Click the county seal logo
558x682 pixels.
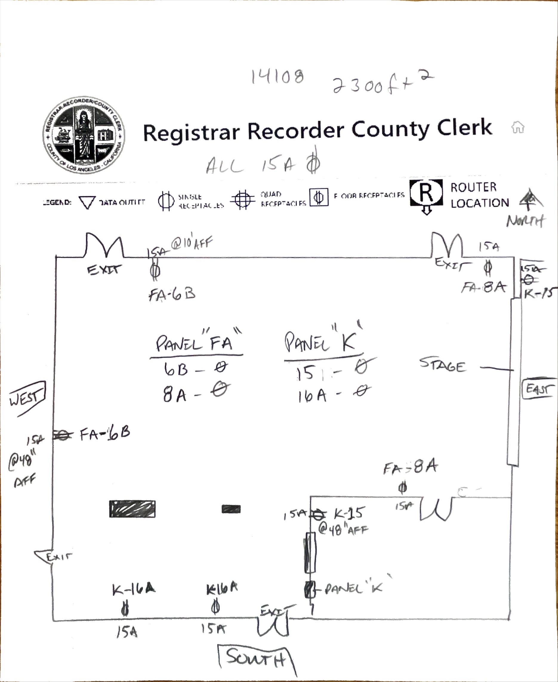tap(84, 135)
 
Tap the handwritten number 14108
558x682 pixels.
tap(277, 77)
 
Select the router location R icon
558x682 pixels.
tap(426, 194)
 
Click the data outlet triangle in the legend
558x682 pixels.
tap(87, 202)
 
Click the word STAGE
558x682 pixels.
tap(442, 365)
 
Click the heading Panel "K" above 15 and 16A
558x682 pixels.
tap(322, 341)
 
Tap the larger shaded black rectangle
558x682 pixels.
tap(132, 509)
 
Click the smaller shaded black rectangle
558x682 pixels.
tap(231, 509)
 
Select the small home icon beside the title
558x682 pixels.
tap(517, 127)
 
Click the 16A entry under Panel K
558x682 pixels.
tap(312, 395)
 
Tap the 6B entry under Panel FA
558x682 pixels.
tap(176, 369)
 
